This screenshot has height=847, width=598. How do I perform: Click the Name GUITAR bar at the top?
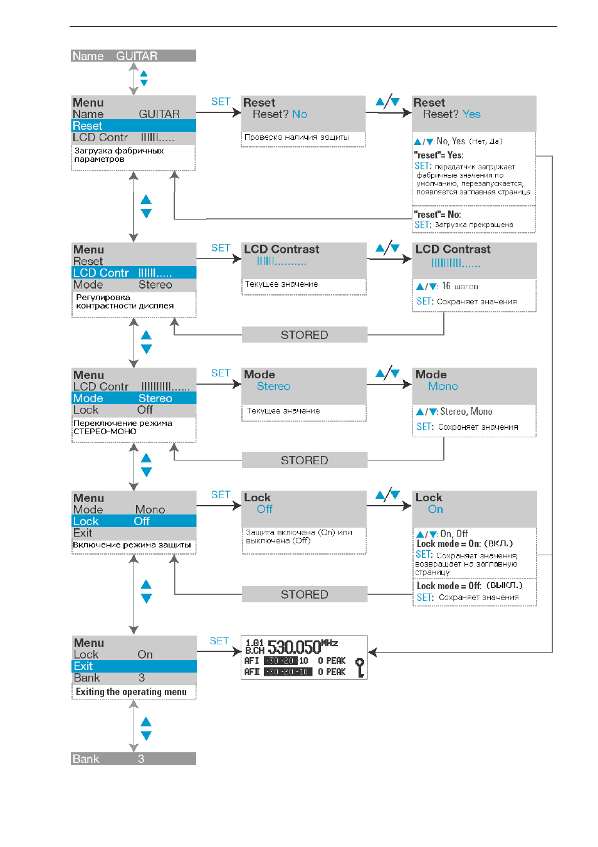(x=134, y=56)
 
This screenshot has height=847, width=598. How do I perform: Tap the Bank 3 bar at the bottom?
(x=134, y=759)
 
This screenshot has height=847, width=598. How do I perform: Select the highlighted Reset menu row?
(x=134, y=125)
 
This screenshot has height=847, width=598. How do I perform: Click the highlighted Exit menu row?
(x=134, y=666)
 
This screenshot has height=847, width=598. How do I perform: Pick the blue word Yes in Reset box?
(x=471, y=114)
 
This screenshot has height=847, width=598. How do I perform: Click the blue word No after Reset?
(x=300, y=114)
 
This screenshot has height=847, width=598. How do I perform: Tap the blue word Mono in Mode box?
(x=443, y=386)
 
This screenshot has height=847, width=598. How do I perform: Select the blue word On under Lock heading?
(x=435, y=509)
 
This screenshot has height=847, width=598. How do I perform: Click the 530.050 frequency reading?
(x=294, y=647)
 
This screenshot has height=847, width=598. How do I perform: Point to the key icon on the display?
(x=360, y=668)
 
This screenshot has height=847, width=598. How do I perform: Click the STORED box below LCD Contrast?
(x=305, y=334)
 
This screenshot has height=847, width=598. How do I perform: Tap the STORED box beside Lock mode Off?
(x=305, y=594)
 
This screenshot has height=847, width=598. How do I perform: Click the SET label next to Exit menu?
(x=219, y=641)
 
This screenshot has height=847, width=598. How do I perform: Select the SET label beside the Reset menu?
(x=220, y=102)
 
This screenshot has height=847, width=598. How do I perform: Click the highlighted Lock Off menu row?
(x=134, y=521)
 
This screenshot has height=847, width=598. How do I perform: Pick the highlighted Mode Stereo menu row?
(x=134, y=398)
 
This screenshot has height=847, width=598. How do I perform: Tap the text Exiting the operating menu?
(x=131, y=691)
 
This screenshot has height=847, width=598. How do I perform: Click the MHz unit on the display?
(x=330, y=643)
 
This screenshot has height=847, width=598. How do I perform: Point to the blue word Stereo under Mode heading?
(x=273, y=386)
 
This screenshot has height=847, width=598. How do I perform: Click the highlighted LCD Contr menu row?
(x=134, y=272)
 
